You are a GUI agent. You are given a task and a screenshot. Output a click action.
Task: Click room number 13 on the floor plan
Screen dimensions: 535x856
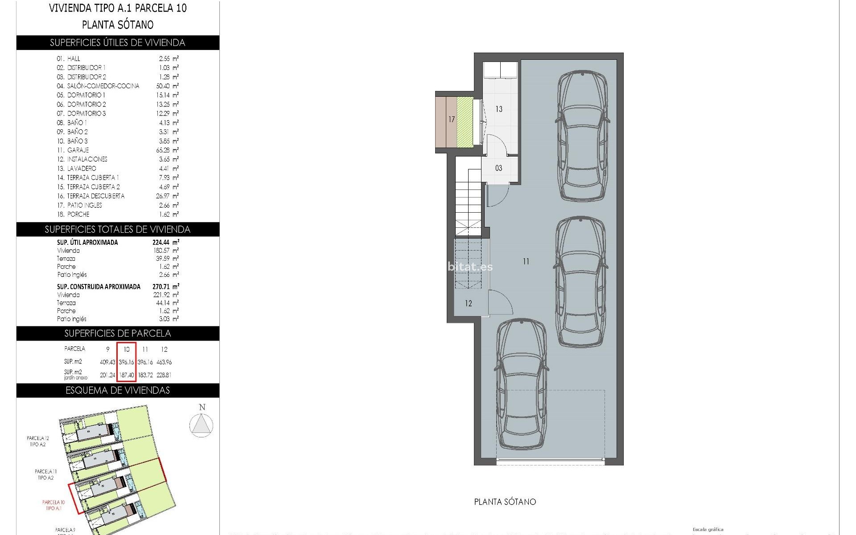click(x=498, y=109)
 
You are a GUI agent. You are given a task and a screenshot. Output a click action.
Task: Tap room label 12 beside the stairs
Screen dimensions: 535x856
click(x=468, y=304)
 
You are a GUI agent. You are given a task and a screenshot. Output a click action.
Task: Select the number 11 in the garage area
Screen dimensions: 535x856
click(x=526, y=262)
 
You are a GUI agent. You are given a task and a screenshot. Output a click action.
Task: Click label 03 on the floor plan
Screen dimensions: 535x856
click(x=498, y=168)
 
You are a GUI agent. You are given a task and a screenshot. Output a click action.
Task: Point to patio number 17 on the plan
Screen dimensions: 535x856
click(x=452, y=119)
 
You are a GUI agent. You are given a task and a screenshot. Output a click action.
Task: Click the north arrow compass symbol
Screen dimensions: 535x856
click(x=201, y=424)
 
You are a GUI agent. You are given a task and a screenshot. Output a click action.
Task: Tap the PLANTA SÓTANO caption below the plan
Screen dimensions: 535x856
click(x=505, y=502)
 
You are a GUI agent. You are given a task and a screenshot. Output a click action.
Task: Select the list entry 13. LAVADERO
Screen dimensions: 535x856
click(x=76, y=169)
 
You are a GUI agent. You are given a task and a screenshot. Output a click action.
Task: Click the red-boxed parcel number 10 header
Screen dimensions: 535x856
click(x=126, y=349)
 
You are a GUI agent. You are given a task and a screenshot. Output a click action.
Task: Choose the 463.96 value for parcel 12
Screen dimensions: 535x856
click(x=164, y=362)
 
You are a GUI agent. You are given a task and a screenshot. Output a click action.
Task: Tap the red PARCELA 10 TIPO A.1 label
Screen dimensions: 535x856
click(x=53, y=505)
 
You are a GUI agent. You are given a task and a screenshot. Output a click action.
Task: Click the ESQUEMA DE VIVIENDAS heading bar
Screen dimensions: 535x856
click(x=118, y=391)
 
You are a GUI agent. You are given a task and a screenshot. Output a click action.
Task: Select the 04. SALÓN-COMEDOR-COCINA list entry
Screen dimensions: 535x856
click(x=98, y=86)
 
